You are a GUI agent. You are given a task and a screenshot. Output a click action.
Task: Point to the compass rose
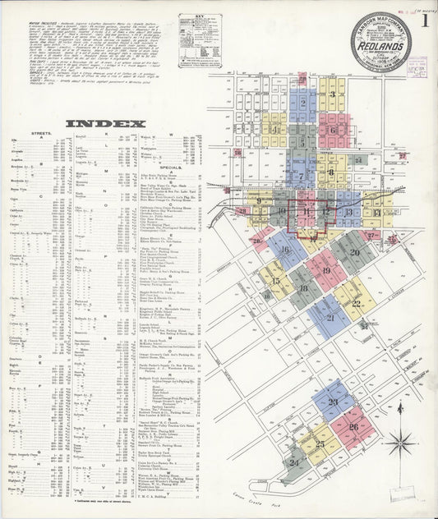[x=400, y=436]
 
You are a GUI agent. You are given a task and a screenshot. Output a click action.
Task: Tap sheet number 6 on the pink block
[x=333, y=129]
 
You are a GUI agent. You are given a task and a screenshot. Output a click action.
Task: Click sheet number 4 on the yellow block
[x=274, y=129]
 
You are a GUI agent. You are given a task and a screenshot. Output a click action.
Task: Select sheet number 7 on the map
[x=302, y=175]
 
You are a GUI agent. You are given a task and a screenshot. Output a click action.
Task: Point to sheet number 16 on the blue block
[x=285, y=249]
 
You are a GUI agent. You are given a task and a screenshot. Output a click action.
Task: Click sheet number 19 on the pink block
[x=326, y=271]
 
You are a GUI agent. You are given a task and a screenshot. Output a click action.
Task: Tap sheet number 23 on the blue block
[x=333, y=402]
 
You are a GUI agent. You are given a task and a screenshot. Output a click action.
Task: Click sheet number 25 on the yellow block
[x=320, y=444]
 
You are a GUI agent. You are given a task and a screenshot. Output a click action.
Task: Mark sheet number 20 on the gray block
[x=354, y=252]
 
